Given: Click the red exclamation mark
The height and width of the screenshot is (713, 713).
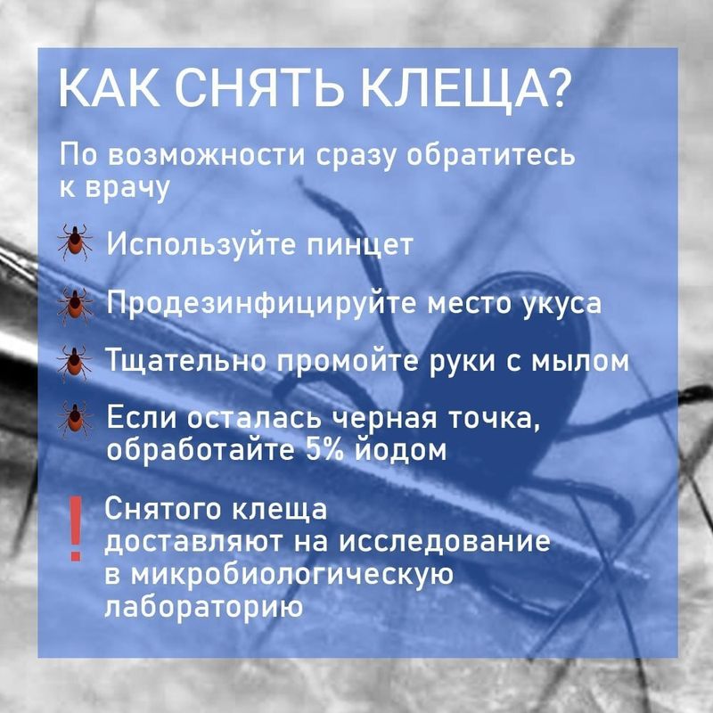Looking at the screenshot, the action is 76,528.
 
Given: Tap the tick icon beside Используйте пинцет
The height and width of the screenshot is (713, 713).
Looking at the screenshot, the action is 75,242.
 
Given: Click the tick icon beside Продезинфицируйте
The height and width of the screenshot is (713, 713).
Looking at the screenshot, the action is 75,305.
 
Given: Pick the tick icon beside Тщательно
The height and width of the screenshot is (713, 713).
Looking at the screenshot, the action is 74,363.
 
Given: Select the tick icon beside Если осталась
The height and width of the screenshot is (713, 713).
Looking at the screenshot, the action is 75,419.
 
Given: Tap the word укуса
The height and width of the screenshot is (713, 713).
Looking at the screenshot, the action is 561,305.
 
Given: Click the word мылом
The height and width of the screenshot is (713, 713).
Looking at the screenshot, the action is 580,361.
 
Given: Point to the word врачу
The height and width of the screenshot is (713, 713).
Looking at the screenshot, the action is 115,187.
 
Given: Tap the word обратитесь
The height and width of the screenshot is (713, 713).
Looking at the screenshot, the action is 491,155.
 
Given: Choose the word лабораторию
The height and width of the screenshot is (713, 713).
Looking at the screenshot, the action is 204,607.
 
